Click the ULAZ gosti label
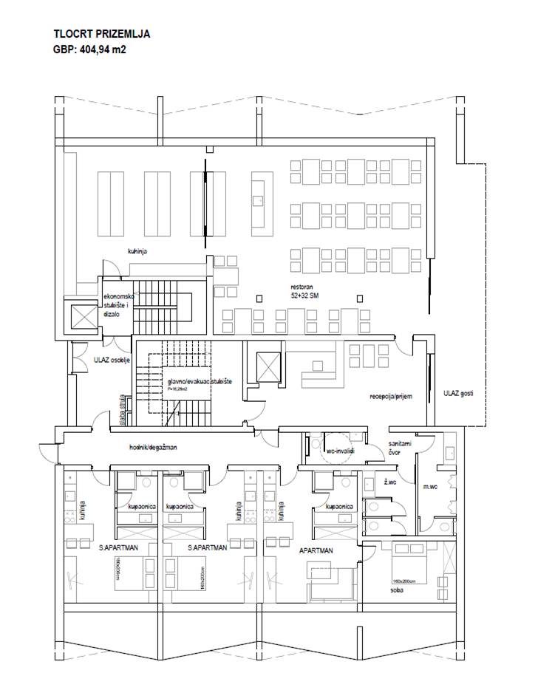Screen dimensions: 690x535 click(458, 393)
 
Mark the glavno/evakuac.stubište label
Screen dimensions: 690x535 click(200, 380)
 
